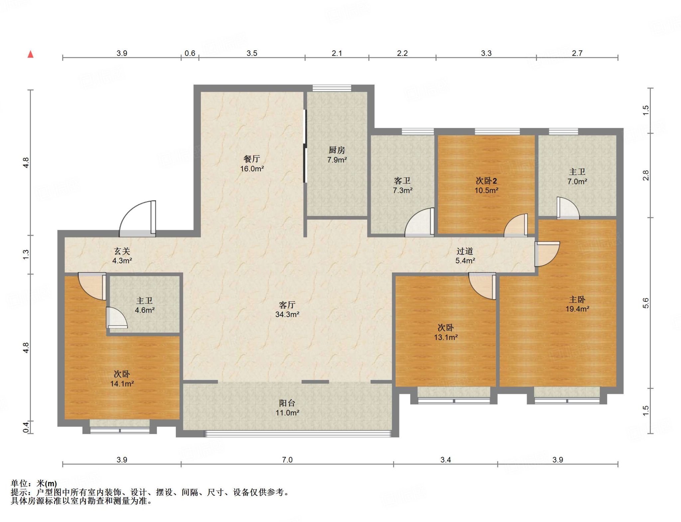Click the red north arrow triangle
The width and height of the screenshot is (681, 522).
pos(31,54)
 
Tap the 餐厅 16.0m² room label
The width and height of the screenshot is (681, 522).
pos(252,164)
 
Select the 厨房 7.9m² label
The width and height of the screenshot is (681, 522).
pos(337,155)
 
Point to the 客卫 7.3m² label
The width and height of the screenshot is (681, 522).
pos(402,185)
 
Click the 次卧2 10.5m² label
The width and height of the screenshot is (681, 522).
pos(486,185)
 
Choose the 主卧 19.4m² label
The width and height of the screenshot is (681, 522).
pos(577,304)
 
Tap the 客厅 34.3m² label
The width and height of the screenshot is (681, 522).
pos(287,309)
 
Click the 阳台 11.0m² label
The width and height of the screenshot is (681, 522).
pos(287,408)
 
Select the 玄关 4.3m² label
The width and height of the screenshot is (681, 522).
pos(122,256)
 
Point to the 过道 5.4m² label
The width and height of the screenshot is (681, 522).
pos(465,256)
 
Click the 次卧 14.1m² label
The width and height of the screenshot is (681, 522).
pos(122,379)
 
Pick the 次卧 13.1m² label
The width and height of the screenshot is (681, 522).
pos(446,332)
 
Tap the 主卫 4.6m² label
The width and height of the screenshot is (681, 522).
pos(145,305)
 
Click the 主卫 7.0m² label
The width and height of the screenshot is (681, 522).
pos(577,177)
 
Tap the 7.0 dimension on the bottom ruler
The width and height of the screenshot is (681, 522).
pos(287,460)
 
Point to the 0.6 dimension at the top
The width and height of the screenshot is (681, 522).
pos(190,53)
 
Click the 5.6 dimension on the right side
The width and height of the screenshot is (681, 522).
pos(645,303)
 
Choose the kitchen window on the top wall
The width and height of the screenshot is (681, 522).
pos(332,88)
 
